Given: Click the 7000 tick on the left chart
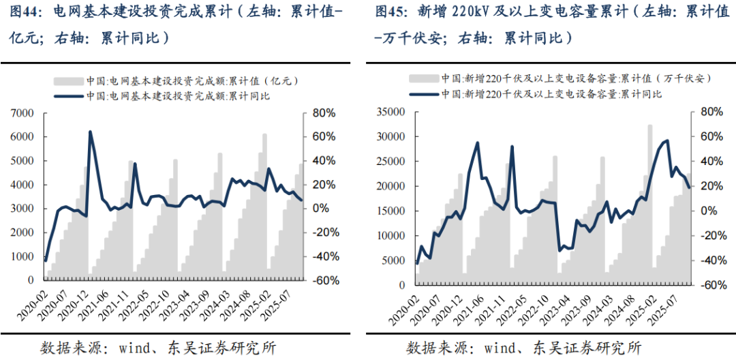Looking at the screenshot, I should [22, 112].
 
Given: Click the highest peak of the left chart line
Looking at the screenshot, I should [90, 132].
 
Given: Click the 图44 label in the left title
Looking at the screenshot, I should [21, 12].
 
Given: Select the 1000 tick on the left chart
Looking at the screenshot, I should [22, 256].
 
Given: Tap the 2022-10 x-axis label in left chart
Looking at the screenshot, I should [157, 303].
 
